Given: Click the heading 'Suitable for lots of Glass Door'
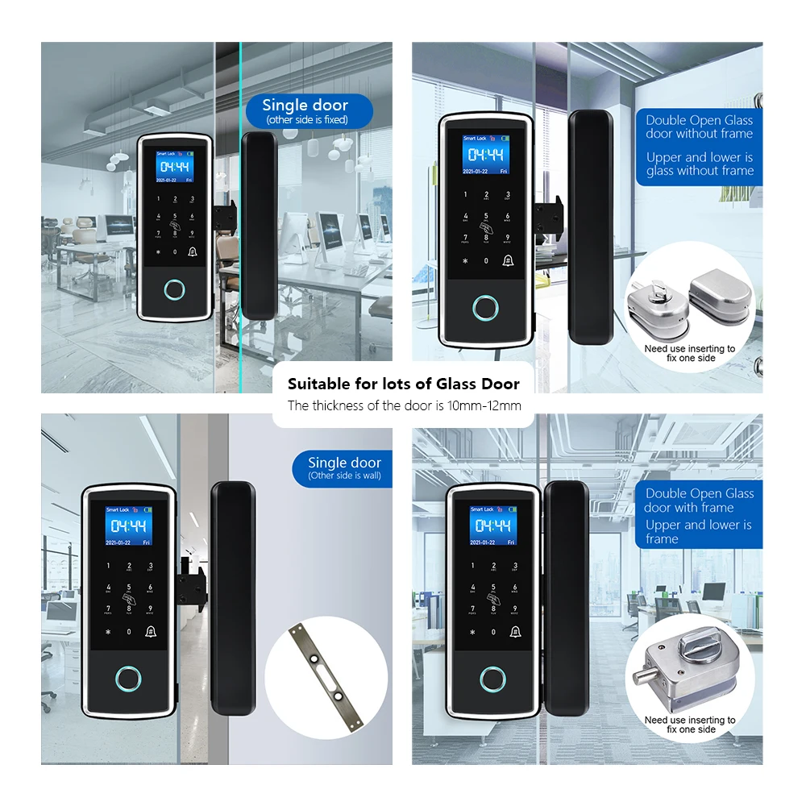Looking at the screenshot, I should tap(404, 384).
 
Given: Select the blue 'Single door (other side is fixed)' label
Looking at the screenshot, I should tap(306, 111).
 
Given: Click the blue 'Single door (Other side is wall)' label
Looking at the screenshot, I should tap(344, 468).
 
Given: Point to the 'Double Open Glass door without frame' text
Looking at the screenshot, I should tap(699, 127).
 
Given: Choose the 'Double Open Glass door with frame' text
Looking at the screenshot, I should tap(699, 501).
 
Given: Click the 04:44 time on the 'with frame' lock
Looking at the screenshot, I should tap(492, 526).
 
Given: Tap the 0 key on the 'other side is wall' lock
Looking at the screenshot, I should tap(129, 632).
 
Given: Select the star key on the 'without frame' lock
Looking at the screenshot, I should tap(464, 260).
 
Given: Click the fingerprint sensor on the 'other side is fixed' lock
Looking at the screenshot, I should tap(174, 289).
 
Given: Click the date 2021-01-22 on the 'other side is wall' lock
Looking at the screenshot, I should tap(120, 542).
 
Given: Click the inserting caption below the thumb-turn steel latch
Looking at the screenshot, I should tap(690, 724).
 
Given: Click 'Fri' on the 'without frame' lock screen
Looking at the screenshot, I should tap(504, 171).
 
